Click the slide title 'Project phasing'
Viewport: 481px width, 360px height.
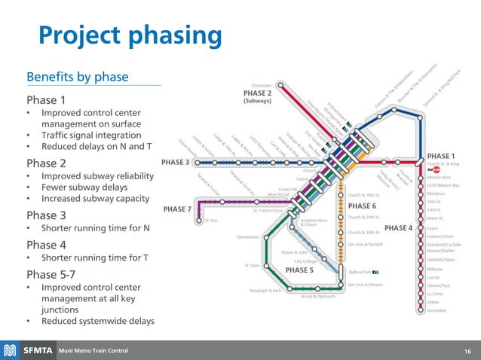pos(130,35)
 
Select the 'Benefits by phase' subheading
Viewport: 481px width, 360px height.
pos(77,77)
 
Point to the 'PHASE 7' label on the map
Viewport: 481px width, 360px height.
pos(178,209)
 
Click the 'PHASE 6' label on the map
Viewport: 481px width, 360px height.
pos(362,206)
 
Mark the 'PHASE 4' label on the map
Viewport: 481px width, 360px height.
pos(398,227)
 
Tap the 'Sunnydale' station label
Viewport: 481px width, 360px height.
pos(437,310)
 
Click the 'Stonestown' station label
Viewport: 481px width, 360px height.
pos(248,236)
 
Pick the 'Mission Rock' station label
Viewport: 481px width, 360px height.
pos(438,178)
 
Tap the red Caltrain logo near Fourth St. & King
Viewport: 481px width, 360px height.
pos(434,170)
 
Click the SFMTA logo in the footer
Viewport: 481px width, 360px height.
pos(29,350)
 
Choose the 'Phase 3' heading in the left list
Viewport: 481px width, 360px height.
pos(47,215)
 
